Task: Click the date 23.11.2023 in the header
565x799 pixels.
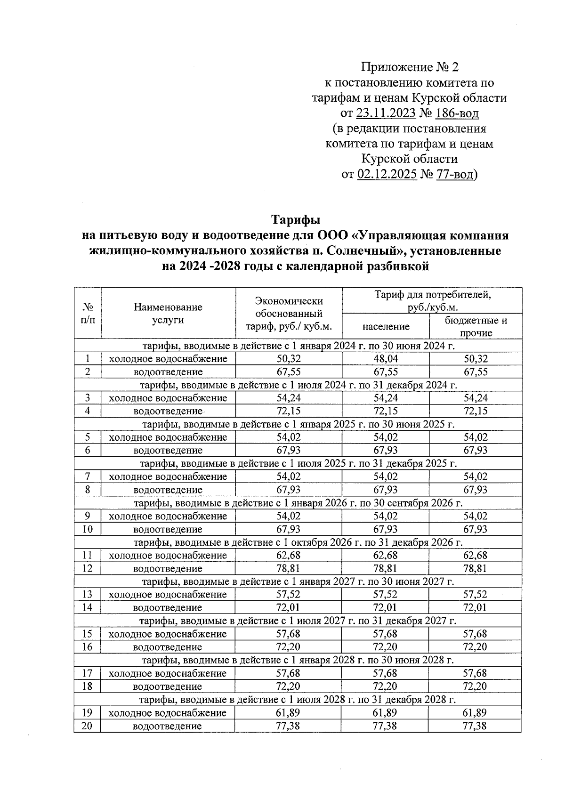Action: tap(386, 113)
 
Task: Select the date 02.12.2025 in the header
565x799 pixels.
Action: tap(387, 175)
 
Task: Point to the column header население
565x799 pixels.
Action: tap(386, 326)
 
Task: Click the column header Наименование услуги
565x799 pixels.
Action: tap(168, 314)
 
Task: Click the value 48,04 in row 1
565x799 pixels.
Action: tap(385, 359)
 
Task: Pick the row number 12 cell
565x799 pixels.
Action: tap(87, 568)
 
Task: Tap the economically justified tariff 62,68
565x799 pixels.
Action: tap(288, 555)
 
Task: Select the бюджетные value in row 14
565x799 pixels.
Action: tap(475, 607)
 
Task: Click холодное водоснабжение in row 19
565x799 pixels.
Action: tap(168, 712)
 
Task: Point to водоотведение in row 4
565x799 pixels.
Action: tap(168, 411)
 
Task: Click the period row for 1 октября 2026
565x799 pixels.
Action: tap(299, 542)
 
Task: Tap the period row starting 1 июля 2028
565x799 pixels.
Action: tap(299, 699)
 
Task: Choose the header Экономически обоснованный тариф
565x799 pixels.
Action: tap(288, 314)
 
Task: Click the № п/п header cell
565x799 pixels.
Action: tap(88, 314)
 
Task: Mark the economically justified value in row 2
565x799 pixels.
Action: tap(288, 372)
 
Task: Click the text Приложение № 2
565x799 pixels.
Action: tap(409, 67)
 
